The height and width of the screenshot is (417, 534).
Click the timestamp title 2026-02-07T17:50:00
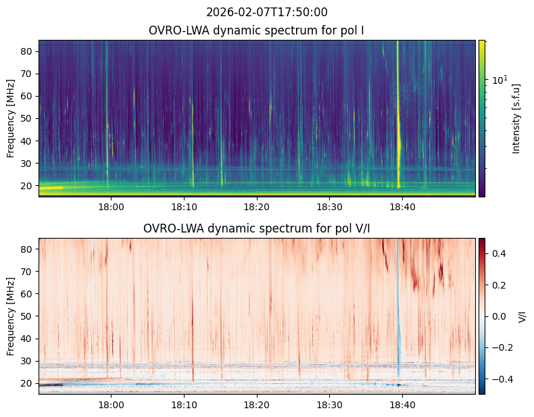[266, 12]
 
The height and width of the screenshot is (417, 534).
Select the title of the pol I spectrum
[256, 30]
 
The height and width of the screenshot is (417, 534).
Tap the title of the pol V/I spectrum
[256, 228]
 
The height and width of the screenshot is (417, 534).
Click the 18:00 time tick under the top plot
[111, 207]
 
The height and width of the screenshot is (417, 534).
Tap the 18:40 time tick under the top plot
[402, 207]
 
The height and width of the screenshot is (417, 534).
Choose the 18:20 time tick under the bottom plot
[256, 405]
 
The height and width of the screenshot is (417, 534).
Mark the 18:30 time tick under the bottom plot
[329, 405]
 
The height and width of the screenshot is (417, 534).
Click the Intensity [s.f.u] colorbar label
[516, 119]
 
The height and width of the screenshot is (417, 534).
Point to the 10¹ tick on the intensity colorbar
[500, 80]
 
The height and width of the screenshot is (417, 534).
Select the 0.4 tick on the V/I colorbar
[499, 253]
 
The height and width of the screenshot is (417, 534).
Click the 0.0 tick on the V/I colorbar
[499, 316]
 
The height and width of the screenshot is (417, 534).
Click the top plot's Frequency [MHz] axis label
[11, 118]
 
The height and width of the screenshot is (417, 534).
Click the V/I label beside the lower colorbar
[522, 316]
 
